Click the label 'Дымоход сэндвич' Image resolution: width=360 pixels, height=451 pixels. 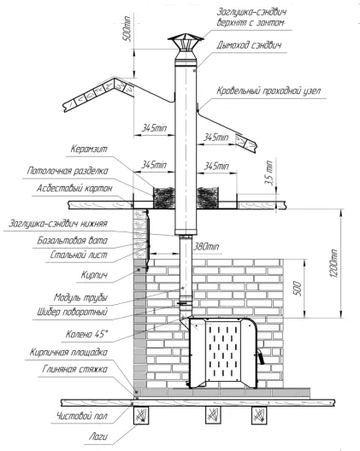coord(249,45)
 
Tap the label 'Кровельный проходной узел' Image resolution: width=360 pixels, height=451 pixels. coord(269,91)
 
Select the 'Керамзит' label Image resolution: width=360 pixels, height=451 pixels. coord(89,149)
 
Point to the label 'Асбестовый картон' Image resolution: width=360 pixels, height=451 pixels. coord(74,189)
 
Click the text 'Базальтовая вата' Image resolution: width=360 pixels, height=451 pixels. coord(73,241)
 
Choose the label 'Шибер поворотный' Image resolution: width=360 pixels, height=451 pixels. coord(72,312)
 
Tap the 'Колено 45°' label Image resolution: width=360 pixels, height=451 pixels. coord(86,334)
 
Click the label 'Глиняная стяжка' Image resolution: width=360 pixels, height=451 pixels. coord(75,369)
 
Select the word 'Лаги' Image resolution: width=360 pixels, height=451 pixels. coord(98,437)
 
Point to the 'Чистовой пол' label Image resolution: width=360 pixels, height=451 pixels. coord(82,416)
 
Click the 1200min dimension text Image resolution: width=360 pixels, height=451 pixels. coord(334,263)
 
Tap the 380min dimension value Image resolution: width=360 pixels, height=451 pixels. coord(206,247)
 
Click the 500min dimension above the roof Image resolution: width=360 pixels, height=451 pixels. coord(127,29)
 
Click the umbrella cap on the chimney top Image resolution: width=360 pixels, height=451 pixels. coord(186,39)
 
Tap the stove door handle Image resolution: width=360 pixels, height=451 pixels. coord(261,357)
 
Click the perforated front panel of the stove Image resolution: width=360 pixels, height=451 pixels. coord(223,351)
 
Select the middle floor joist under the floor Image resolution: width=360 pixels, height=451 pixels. coord(213,415)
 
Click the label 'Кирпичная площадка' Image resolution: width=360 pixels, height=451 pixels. coord(68,352)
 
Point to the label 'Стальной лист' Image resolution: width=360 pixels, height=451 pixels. coord(79,255)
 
